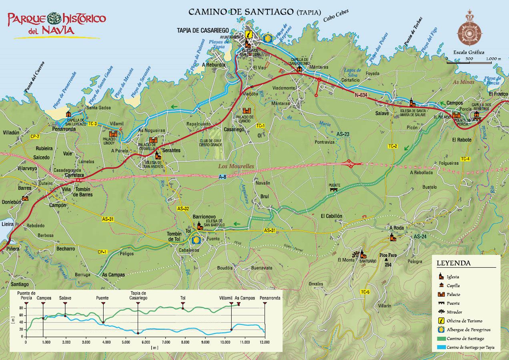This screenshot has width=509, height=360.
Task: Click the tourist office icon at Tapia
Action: click(249, 34)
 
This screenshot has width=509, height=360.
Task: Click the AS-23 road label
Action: click(343, 134)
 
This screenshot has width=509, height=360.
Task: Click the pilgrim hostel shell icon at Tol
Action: click(197, 240)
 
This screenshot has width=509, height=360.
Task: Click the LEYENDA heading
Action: click(453, 264)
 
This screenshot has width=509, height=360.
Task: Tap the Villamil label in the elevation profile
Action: click(225, 298)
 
